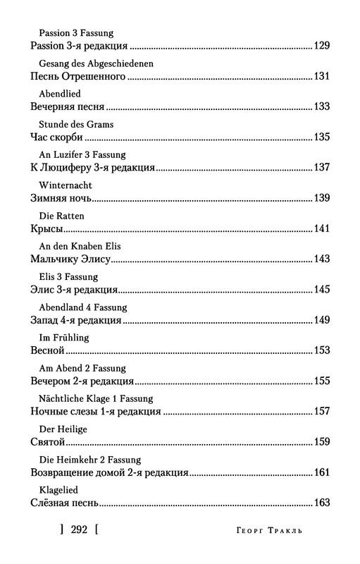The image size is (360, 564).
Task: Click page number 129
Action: click(x=321, y=47)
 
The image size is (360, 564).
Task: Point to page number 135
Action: click(x=321, y=137)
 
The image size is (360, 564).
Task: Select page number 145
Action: click(x=321, y=290)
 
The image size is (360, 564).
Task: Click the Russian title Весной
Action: click(x=48, y=350)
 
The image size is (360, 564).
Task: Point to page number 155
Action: click(x=321, y=381)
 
